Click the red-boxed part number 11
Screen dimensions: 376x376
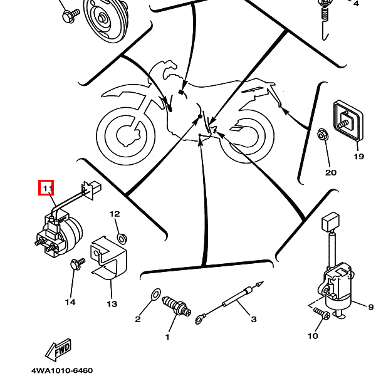tap(46, 187)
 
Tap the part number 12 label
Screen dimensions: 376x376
tap(115, 214)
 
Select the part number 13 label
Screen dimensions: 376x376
tap(112, 305)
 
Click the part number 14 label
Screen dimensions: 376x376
tap(70, 302)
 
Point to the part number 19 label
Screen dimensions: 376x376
tap(358, 157)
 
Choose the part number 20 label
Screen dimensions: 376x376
tap(330, 172)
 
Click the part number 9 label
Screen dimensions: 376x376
tap(370, 306)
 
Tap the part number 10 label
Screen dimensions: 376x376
tap(313, 337)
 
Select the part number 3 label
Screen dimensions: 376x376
tap(254, 320)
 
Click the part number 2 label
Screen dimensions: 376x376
tap(138, 320)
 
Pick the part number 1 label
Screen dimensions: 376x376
tap(167, 338)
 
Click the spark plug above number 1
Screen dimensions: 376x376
tap(175, 306)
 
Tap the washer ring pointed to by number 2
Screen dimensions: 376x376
tap(155, 295)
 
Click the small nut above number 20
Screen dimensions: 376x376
tap(322, 134)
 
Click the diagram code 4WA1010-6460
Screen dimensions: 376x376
tap(62, 370)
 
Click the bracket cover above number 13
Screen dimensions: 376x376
tap(108, 257)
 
